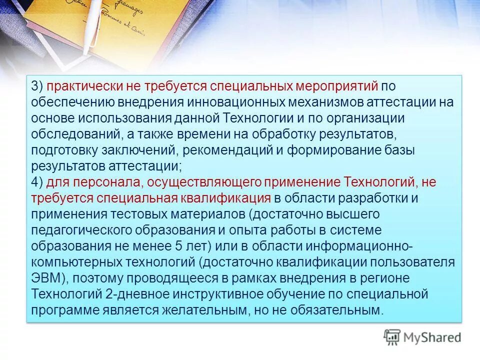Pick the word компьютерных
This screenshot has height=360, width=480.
(x=70, y=262)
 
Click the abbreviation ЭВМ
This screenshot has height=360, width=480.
(x=44, y=278)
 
